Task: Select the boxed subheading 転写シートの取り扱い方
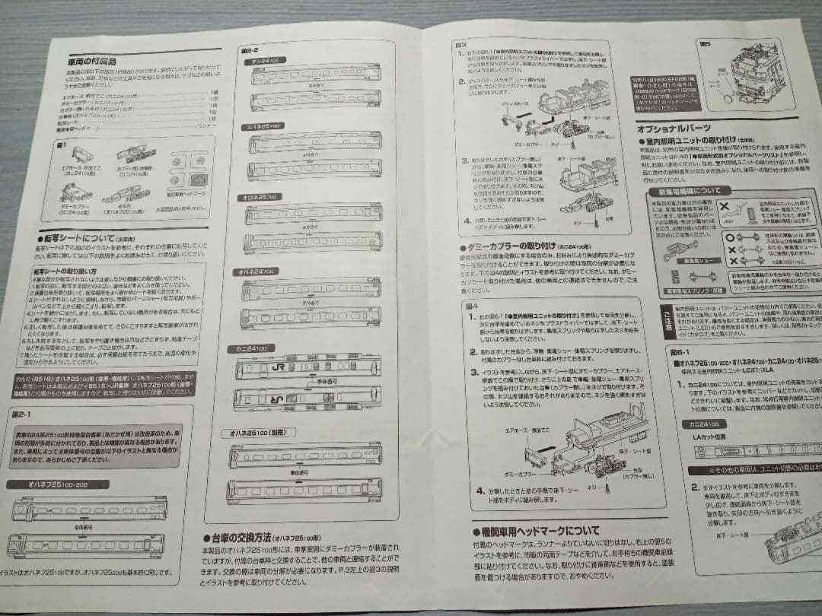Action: (65, 271)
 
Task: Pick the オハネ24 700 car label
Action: (260, 270)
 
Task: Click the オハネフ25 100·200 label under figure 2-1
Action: (46, 484)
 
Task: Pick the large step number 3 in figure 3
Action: (464, 161)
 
